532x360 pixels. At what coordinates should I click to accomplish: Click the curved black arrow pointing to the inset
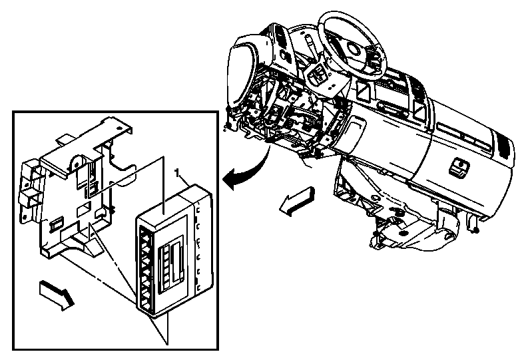(x=246, y=170)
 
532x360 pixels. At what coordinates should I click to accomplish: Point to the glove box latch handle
(x=458, y=167)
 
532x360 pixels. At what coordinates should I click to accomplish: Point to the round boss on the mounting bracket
(x=77, y=162)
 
